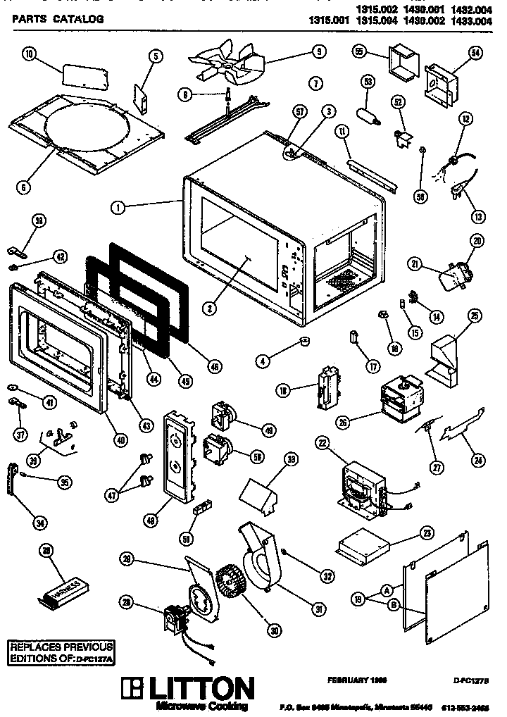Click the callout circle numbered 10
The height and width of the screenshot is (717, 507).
click(x=28, y=56)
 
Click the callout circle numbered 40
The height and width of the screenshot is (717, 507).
click(x=120, y=440)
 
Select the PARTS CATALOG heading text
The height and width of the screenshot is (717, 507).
click(x=58, y=20)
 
